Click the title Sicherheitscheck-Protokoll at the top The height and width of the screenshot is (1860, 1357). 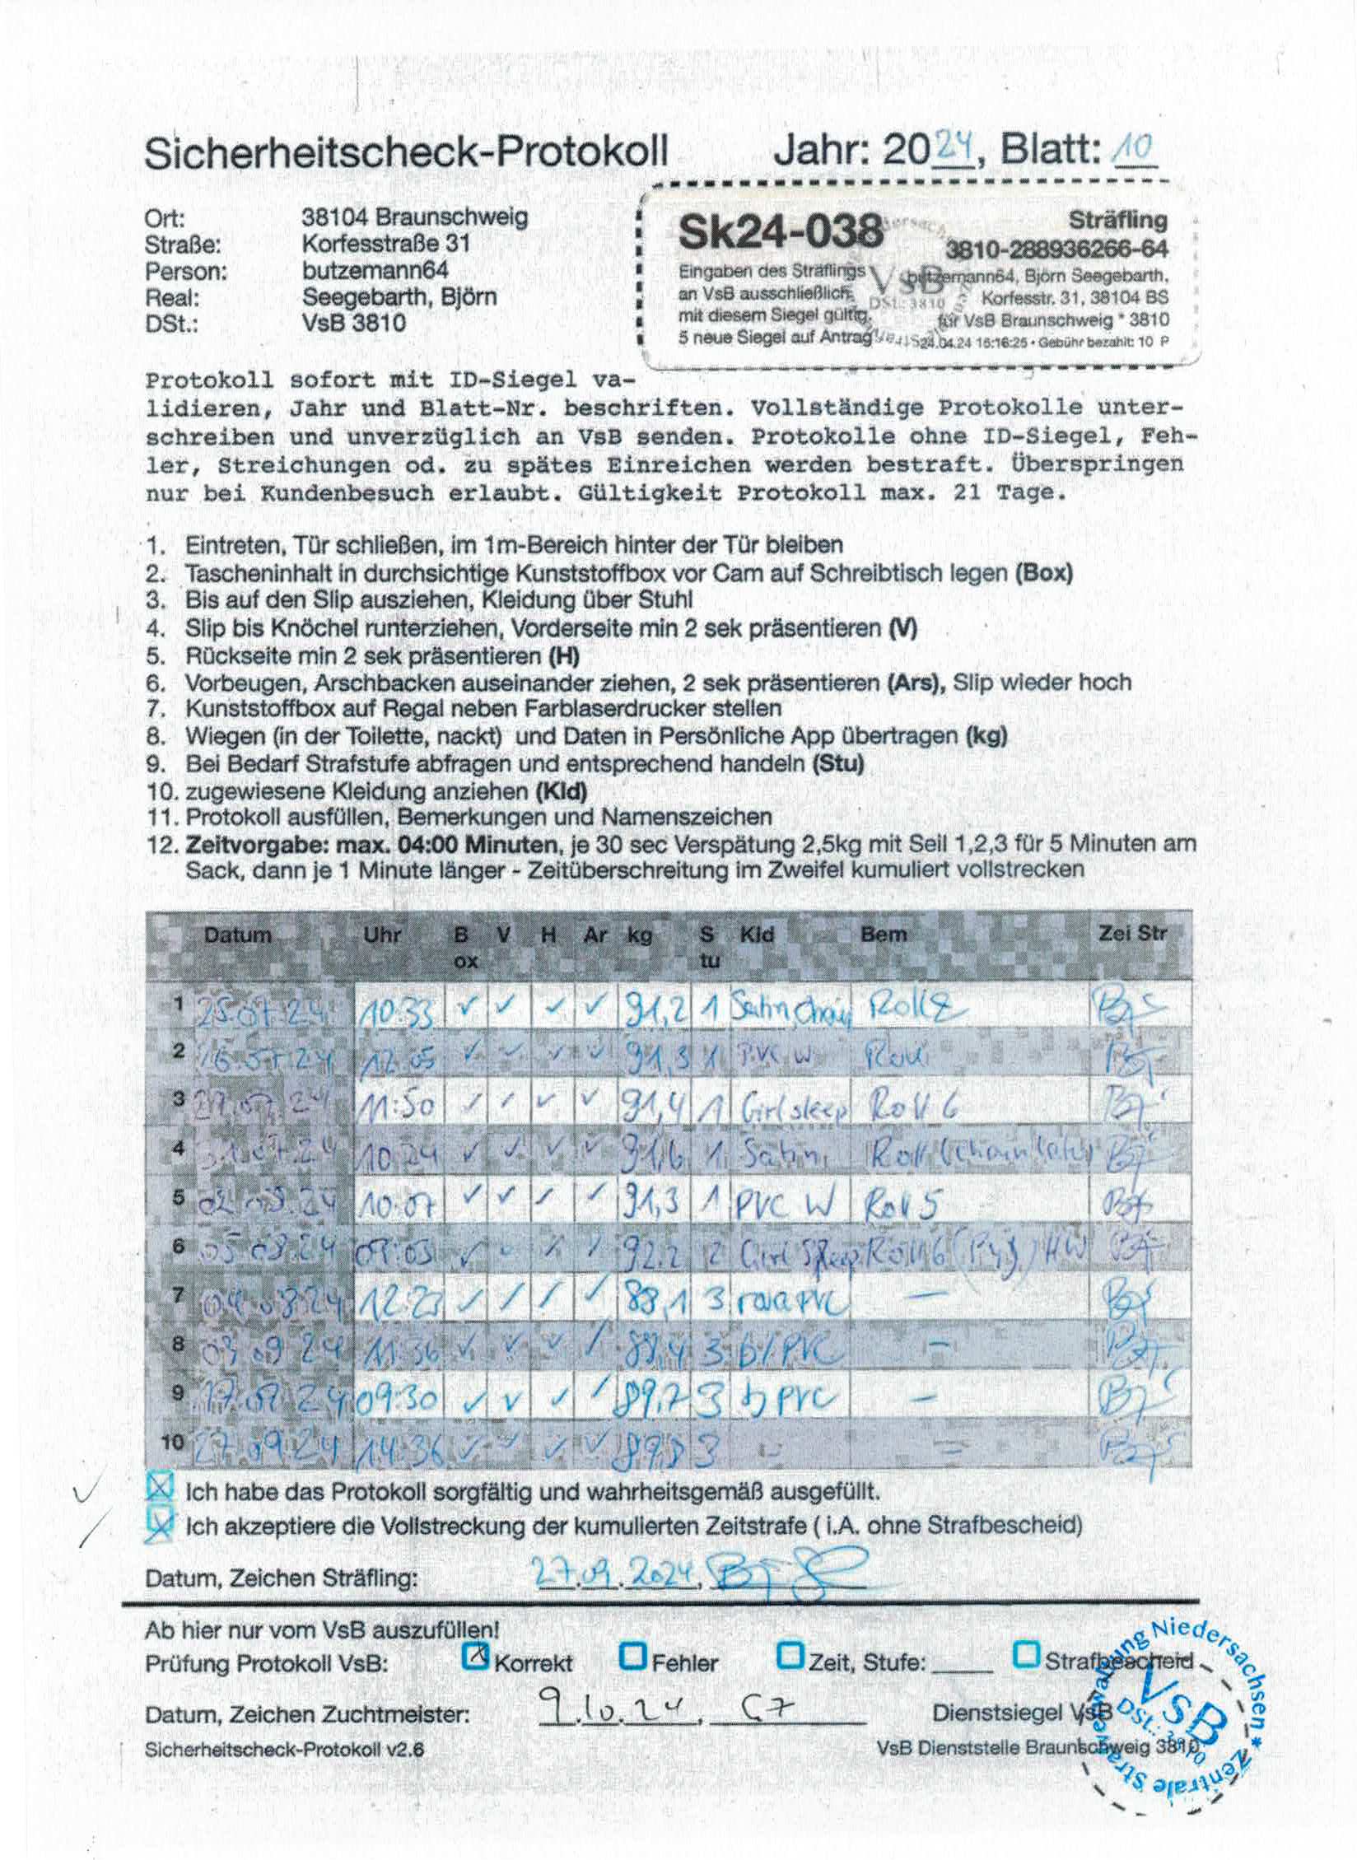[x=405, y=153]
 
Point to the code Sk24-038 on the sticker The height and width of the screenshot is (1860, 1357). [x=778, y=233]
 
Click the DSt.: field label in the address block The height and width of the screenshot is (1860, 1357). [x=171, y=324]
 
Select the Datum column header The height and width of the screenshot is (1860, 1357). [x=237, y=935]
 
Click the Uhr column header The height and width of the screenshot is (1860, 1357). [x=382, y=935]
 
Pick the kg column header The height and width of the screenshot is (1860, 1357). [x=640, y=935]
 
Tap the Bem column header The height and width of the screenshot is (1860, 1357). [x=883, y=935]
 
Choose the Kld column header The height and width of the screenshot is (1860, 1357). [x=757, y=935]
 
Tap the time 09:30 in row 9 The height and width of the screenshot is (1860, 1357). [x=398, y=1396]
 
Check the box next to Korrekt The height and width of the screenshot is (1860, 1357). [x=476, y=1656]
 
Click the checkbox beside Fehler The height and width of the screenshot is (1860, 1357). [x=633, y=1655]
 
